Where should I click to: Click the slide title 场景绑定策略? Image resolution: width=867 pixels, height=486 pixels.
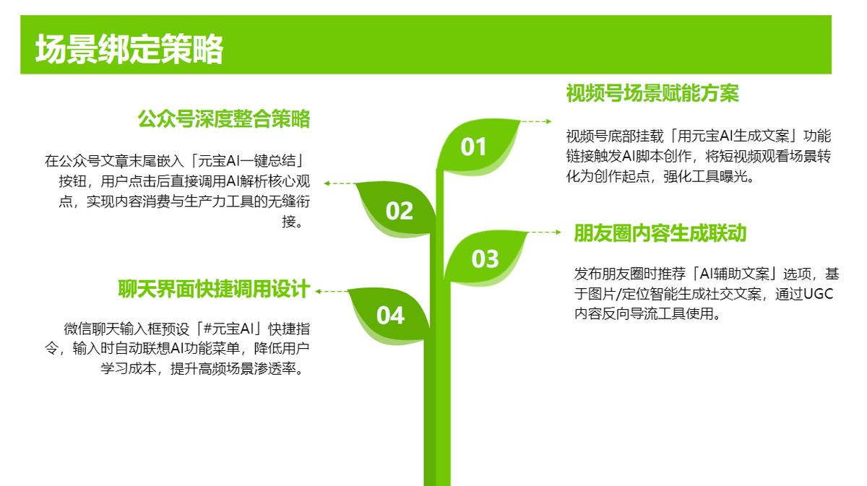tap(129, 49)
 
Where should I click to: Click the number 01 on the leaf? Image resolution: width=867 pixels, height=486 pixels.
tap(473, 147)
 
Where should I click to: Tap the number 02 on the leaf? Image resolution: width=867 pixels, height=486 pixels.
tap(400, 212)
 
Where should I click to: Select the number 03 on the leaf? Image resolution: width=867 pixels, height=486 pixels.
tap(485, 259)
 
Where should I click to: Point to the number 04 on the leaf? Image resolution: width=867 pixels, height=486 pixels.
tap(391, 316)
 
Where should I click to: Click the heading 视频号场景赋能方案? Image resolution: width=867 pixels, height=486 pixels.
tap(652, 93)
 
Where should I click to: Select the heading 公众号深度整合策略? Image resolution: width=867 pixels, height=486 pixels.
tap(224, 118)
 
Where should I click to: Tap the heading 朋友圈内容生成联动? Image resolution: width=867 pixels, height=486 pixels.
tap(660, 233)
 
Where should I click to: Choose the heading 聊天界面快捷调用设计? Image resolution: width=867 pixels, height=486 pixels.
tap(214, 289)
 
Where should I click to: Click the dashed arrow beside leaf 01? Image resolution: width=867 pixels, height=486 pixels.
tap(536, 121)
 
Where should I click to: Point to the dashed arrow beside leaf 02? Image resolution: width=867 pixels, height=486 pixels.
tap(339, 183)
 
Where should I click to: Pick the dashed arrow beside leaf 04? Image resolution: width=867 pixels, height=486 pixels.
tap(332, 291)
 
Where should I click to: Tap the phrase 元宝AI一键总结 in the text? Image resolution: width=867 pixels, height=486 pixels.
tap(246, 160)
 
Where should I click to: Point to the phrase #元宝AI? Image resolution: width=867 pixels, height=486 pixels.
tap(228, 329)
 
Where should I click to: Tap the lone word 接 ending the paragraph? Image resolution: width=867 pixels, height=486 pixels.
tap(289, 222)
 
